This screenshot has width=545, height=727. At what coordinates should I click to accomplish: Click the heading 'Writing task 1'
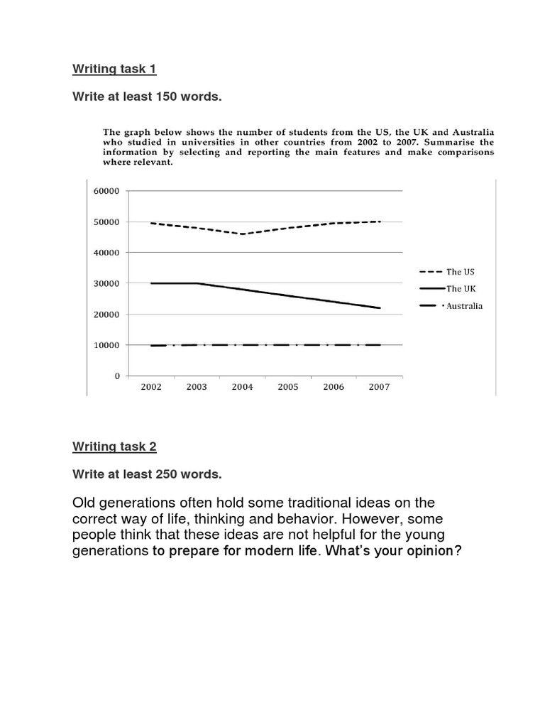click(114, 69)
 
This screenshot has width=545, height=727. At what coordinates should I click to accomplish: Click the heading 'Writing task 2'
click(114, 446)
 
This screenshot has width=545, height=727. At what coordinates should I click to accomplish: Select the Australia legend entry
click(464, 306)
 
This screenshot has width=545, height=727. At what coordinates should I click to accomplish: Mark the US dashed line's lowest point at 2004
click(242, 234)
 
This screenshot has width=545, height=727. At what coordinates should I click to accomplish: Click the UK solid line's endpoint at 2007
click(380, 308)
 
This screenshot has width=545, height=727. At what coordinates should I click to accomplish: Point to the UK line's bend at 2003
click(197, 283)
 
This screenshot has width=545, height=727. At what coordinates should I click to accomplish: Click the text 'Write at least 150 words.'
click(147, 97)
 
